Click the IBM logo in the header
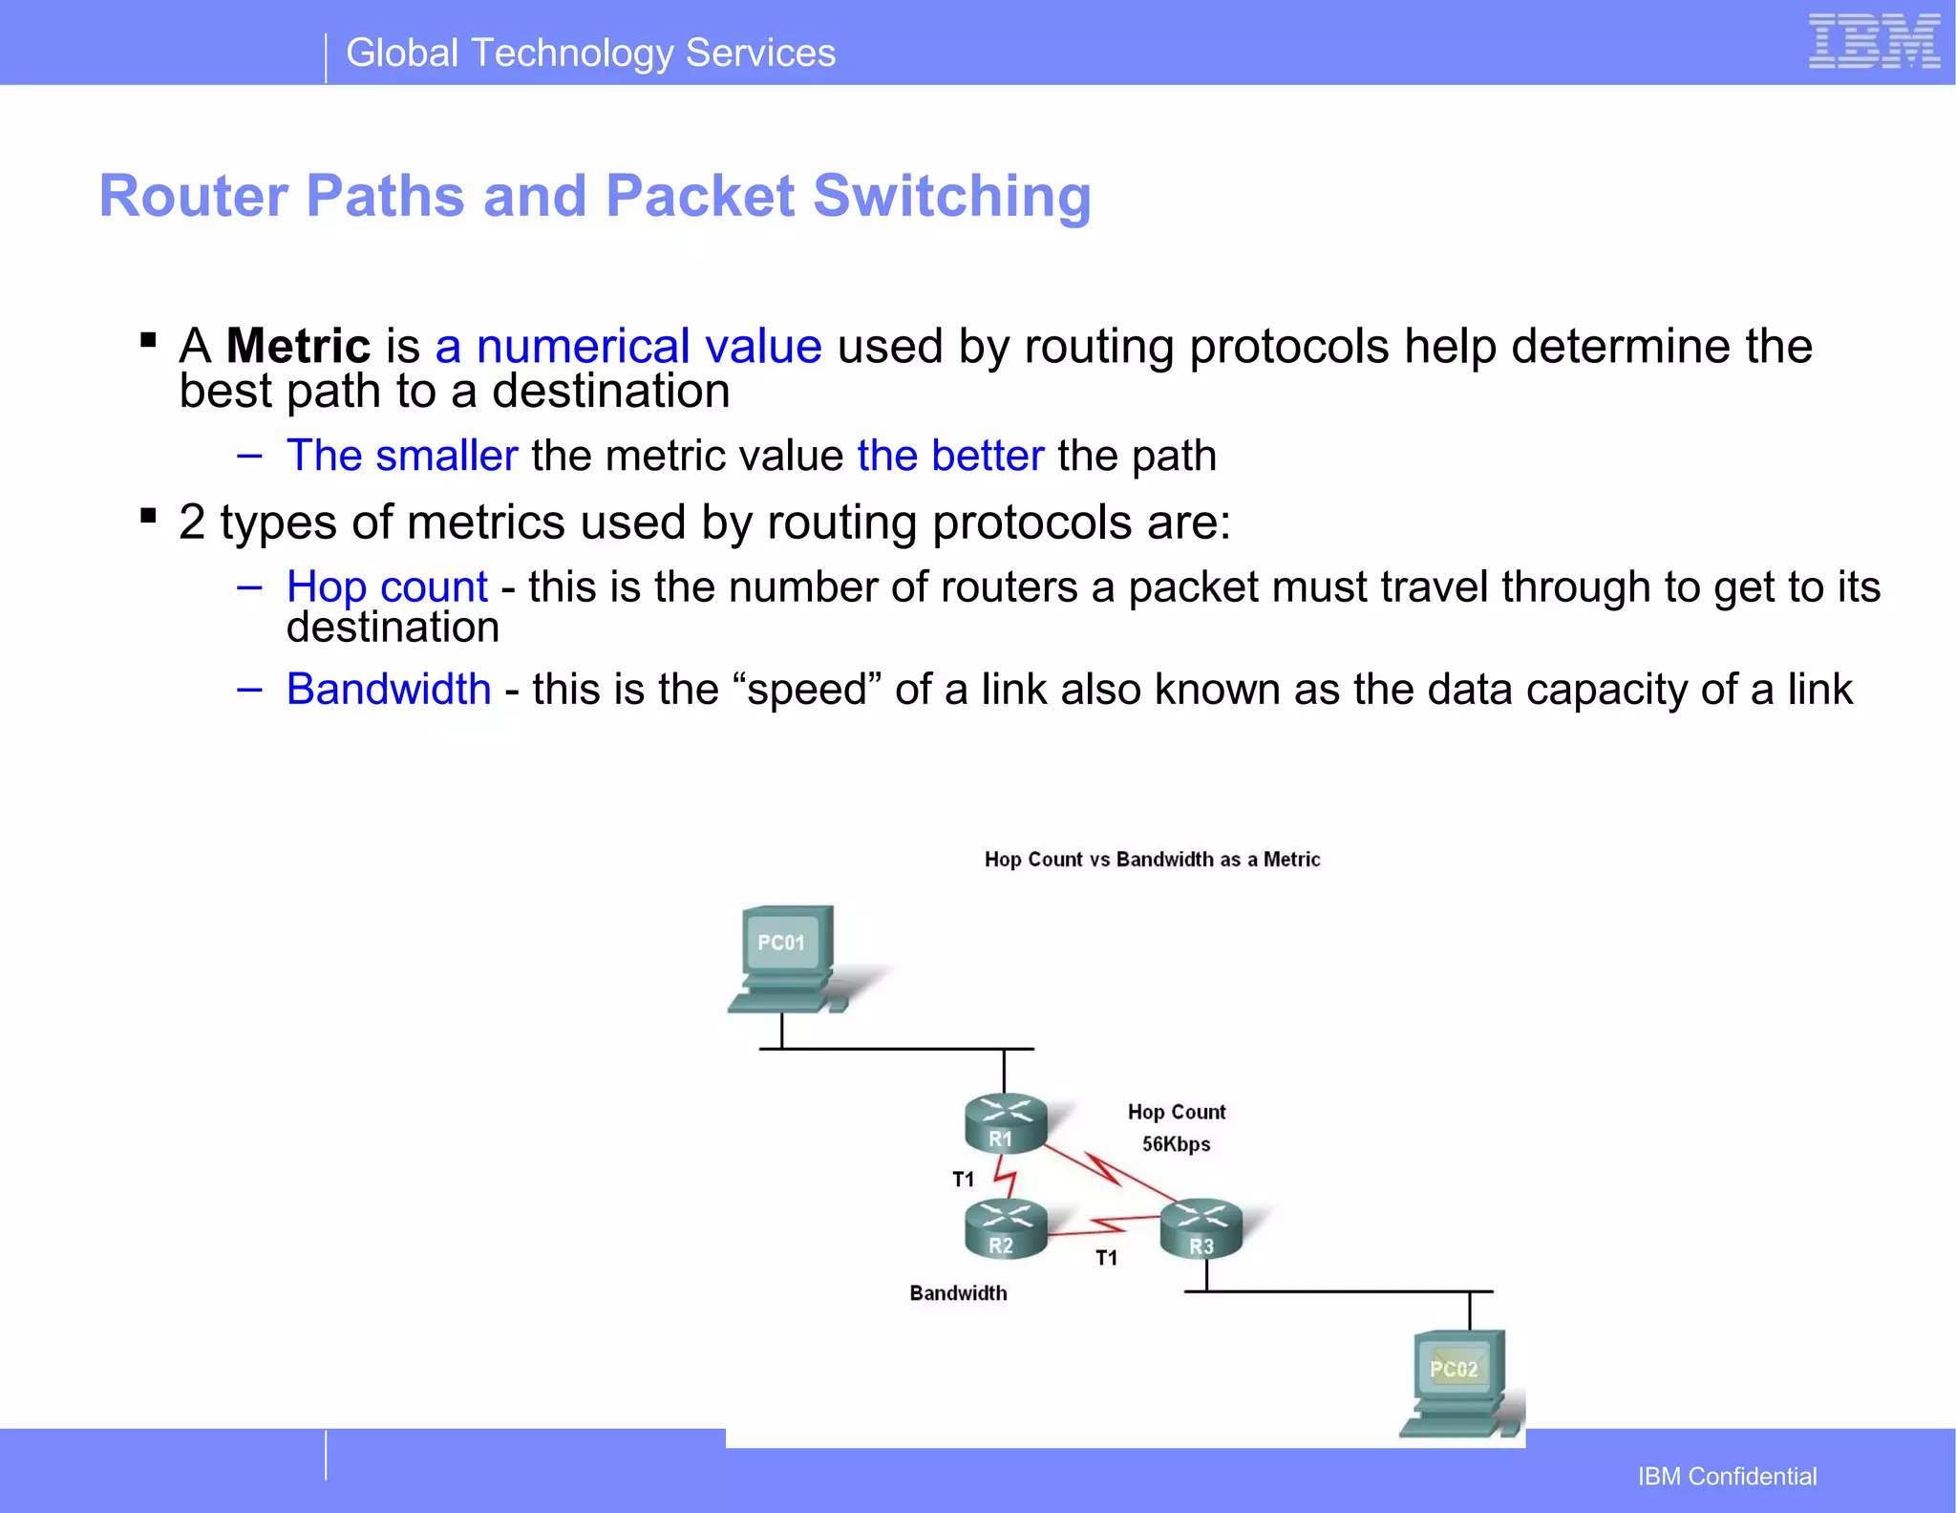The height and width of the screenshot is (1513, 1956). point(1874,42)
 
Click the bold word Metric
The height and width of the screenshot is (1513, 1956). point(298,346)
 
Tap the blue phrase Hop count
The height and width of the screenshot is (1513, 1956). point(387,586)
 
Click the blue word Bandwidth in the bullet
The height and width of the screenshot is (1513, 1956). point(389,689)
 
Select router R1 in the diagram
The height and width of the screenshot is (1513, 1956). point(1005,1123)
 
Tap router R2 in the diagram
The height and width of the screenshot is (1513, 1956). point(1005,1230)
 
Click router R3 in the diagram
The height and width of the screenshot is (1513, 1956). point(1201,1229)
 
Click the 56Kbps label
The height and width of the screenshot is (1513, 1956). point(1176,1144)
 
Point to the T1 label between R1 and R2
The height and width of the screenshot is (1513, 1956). point(963,1180)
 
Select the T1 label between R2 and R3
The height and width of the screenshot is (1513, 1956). point(1106,1258)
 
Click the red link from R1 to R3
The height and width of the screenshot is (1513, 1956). point(1108,1171)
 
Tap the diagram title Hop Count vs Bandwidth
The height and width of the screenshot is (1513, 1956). point(1152,860)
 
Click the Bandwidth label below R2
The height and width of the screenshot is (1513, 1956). point(958,1293)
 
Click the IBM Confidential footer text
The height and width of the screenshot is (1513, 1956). point(1727,1477)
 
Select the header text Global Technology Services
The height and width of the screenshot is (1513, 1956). point(590,53)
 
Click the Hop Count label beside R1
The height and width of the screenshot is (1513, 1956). point(1176,1112)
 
